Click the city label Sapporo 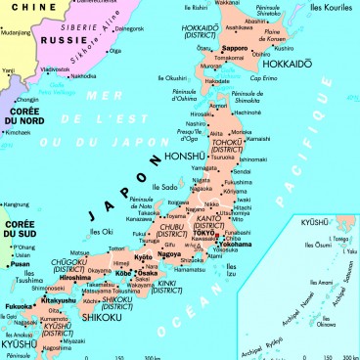click(x=235, y=47)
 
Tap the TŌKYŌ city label click(x=215, y=231)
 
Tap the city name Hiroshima click(x=76, y=278)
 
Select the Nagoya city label click(x=170, y=254)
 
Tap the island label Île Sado click(x=164, y=186)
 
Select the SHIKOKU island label click(x=102, y=317)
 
